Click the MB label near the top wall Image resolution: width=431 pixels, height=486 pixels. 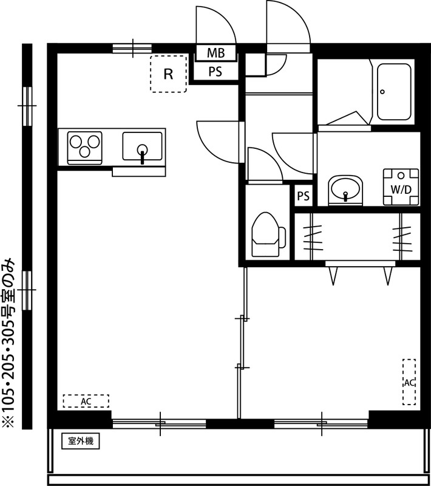coord(215,53)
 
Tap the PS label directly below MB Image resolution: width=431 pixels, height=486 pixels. coord(215,72)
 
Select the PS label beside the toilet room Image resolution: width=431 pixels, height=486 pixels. coord(303,196)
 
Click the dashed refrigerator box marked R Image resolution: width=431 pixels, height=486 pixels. coord(168,74)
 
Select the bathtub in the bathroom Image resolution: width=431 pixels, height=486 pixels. coord(395,91)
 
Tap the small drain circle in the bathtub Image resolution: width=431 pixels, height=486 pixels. coord(382,92)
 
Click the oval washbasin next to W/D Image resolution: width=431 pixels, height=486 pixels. coord(345,190)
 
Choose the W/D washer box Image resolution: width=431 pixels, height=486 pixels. coord(401,188)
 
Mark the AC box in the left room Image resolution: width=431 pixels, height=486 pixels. coord(86,401)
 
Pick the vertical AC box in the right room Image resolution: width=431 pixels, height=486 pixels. coord(409,382)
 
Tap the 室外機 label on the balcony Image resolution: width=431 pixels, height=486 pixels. coord(80,441)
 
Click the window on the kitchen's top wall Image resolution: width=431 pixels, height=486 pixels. coord(133,49)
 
